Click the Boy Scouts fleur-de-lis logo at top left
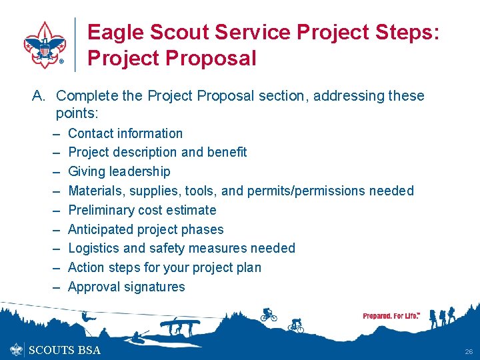pos(45,45)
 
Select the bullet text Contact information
pos(125,133)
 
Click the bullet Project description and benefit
pos(157,152)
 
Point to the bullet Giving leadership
pos(119,171)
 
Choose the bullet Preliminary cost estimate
pos(142,210)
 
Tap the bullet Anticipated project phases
pos(146,229)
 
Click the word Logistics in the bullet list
pos(94,248)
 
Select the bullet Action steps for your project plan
pos(165,267)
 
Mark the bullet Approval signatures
pos(127,287)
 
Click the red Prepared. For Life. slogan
pos(391,316)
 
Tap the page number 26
pos(469,351)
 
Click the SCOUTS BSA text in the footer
pos(65,350)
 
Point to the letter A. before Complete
pos(39,96)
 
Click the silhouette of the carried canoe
pos(177,325)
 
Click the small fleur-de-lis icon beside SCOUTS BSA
pos(17,349)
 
